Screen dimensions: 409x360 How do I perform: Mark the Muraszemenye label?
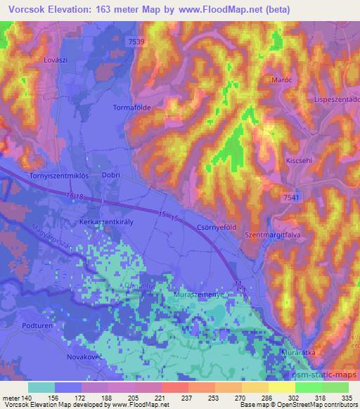tap(199, 296)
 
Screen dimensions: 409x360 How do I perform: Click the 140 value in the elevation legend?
tap(23, 398)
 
